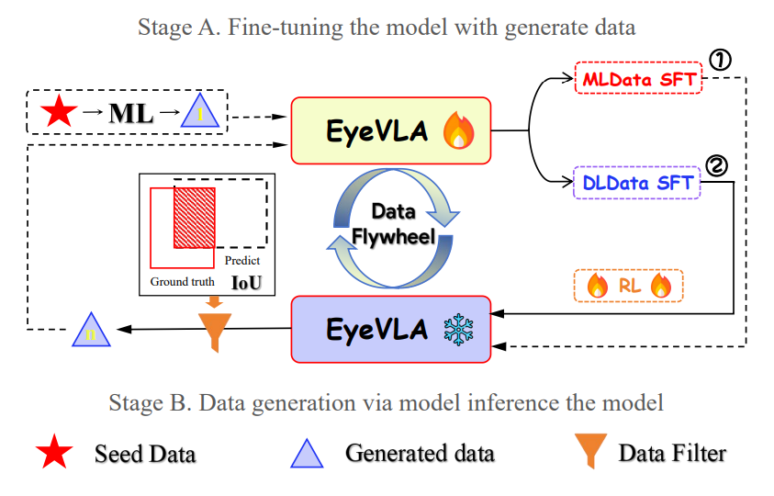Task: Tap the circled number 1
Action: tap(722, 61)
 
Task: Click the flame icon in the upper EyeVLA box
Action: tap(456, 131)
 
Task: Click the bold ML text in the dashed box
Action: tap(129, 113)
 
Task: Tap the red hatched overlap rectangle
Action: tap(194, 217)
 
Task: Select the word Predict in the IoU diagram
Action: tap(242, 261)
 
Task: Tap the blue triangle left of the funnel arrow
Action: tap(92, 331)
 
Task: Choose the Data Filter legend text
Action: tap(672, 453)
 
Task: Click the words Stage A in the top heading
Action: tap(169, 28)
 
